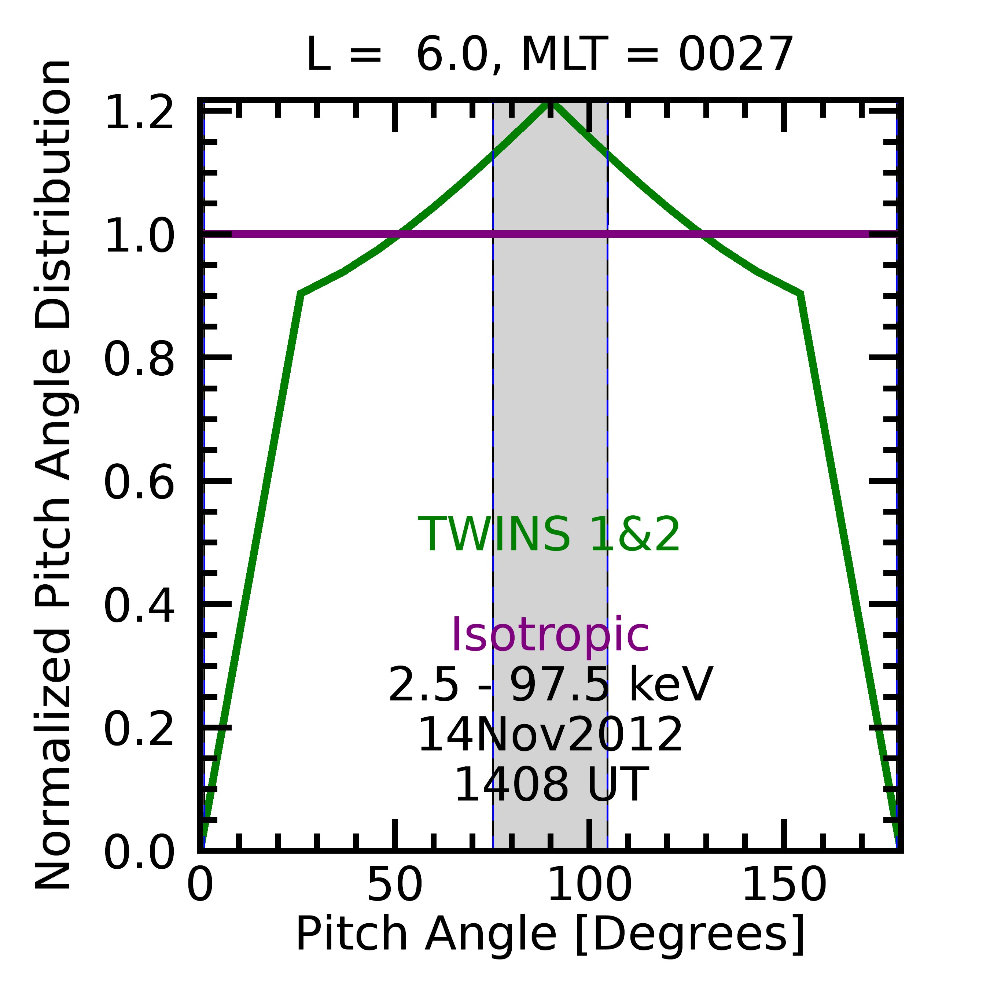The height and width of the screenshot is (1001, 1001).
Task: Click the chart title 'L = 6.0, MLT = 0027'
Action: tap(550, 55)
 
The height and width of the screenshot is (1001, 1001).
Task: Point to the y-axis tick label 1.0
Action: tap(139, 236)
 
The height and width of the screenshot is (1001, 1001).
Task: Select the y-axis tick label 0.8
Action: tap(139, 359)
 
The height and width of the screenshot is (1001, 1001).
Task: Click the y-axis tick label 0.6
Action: tap(139, 482)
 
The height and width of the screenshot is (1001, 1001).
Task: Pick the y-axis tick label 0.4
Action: tap(139, 606)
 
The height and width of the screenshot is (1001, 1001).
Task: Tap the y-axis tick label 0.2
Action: tap(139, 729)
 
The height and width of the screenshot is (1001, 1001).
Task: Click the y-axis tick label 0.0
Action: tap(139, 852)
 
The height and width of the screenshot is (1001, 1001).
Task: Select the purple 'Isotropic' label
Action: tap(550, 635)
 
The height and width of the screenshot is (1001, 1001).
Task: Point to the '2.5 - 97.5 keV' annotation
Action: tap(550, 685)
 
